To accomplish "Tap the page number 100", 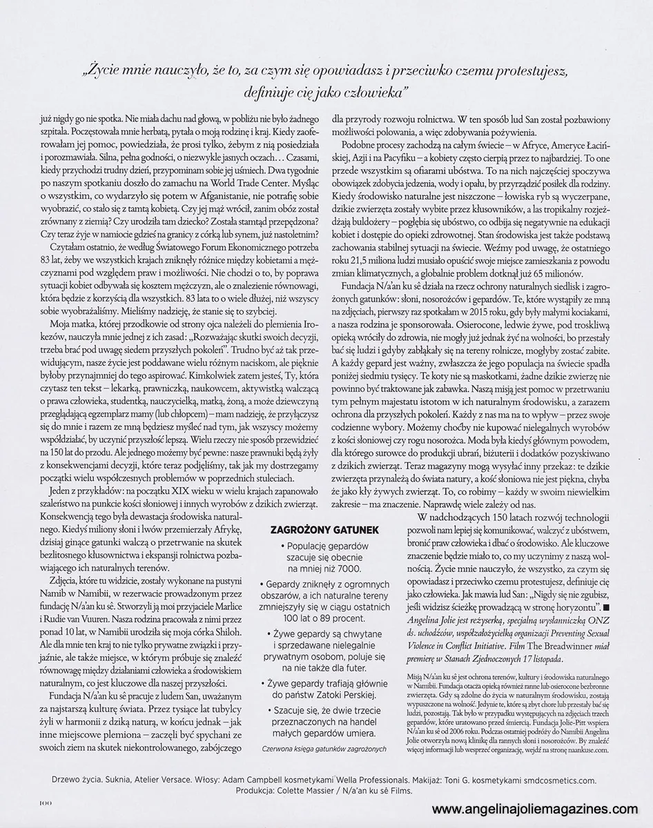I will coord(46,802).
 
